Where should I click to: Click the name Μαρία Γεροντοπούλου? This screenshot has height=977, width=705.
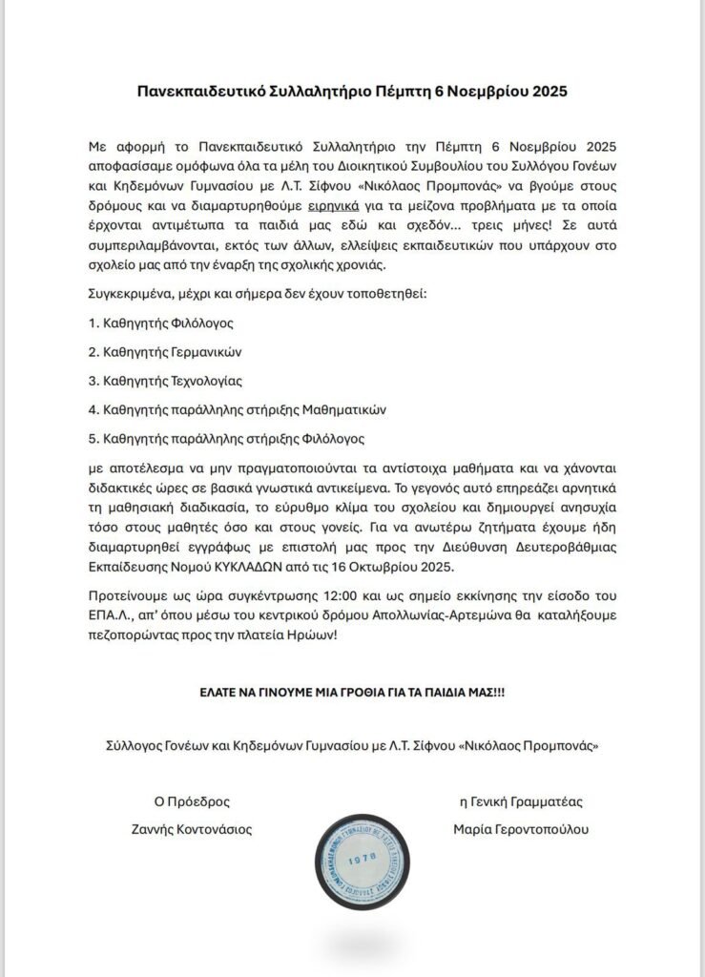522,829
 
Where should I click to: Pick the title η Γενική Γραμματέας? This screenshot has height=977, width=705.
521,801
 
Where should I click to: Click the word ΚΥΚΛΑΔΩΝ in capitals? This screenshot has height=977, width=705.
264,566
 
